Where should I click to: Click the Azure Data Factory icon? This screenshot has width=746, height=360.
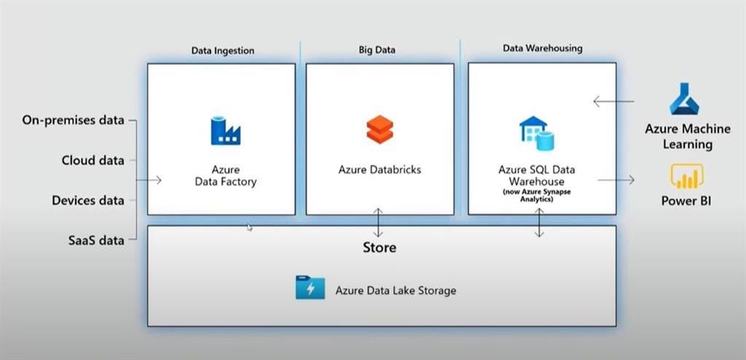point(225,130)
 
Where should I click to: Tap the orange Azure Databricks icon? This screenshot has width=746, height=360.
point(380,130)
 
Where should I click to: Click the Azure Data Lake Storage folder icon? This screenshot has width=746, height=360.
point(310,288)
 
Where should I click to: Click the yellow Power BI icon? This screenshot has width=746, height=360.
point(686,176)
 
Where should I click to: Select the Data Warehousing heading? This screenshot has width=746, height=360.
point(542,48)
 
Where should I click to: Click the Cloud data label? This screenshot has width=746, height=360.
point(93,160)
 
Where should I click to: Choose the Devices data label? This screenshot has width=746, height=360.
point(88,200)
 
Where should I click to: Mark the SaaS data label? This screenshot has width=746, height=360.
point(95,240)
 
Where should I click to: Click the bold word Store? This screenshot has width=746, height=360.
point(380,248)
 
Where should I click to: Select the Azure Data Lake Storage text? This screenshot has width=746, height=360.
point(396,290)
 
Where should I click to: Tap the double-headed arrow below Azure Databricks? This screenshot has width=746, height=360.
point(378,219)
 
